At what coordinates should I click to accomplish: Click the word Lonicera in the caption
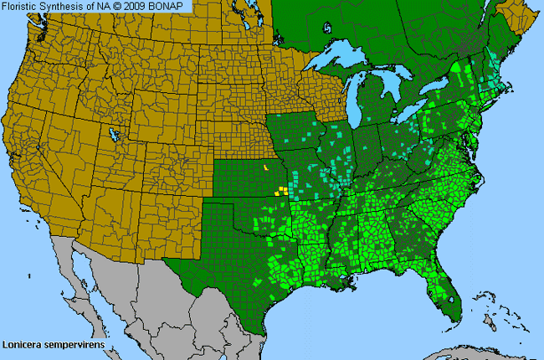tap(23, 343)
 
